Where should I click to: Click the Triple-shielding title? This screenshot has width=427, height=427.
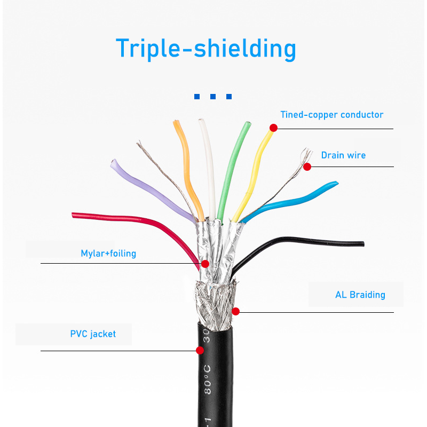(x=206, y=49)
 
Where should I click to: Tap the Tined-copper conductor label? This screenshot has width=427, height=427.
(x=331, y=115)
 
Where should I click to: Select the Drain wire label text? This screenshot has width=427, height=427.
(x=343, y=155)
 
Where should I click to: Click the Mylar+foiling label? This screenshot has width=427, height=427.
(x=108, y=254)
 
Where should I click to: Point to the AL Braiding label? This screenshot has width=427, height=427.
(x=360, y=295)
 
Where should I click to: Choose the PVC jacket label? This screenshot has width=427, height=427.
(x=93, y=334)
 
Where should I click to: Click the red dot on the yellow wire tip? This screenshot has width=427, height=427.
(x=273, y=128)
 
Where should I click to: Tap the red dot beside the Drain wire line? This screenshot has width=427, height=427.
(x=307, y=167)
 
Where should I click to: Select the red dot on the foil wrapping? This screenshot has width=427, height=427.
(x=205, y=264)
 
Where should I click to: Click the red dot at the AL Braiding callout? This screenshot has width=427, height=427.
(x=235, y=311)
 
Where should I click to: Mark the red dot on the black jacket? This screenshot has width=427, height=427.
(x=200, y=350)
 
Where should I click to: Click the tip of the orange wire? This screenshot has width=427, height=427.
(x=176, y=122)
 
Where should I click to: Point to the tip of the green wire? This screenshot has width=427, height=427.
(x=248, y=123)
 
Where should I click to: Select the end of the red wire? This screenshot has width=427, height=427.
(x=73, y=215)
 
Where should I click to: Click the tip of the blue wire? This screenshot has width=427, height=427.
(x=336, y=183)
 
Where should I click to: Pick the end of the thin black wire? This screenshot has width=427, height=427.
(x=363, y=244)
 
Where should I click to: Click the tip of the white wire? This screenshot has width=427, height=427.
(x=201, y=120)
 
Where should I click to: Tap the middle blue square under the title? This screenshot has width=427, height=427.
(x=213, y=97)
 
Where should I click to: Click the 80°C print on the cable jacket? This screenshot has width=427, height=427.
(x=208, y=380)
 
